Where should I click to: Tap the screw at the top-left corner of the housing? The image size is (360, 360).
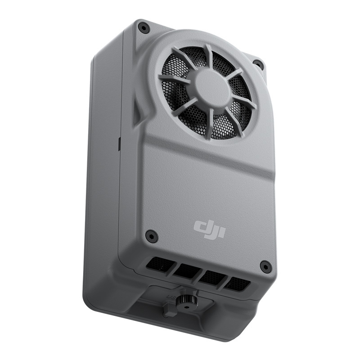[x=144, y=28]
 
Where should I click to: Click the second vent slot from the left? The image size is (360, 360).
[x=186, y=270]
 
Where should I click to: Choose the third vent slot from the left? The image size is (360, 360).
[x=211, y=277]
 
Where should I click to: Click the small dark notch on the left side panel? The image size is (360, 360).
[x=119, y=144]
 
